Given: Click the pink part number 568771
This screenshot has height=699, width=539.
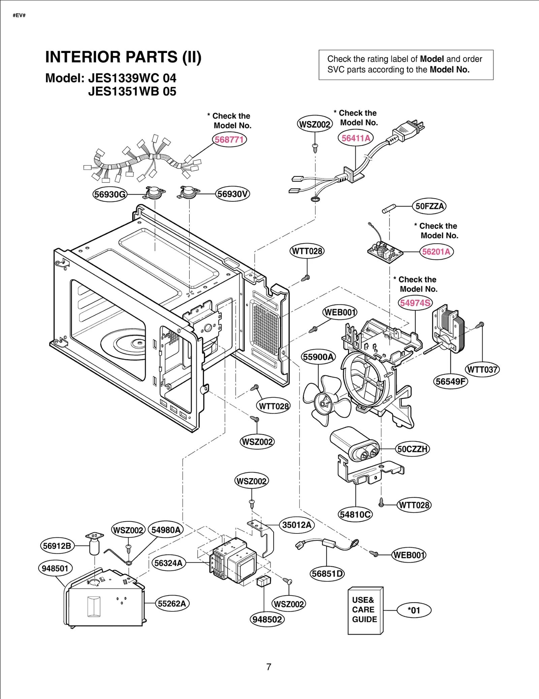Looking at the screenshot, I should pos(229,140).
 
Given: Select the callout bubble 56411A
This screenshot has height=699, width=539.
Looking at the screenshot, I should pos(356,138).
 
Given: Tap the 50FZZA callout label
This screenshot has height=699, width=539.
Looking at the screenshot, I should pos(429,206).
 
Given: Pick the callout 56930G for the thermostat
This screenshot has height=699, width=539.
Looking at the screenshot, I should pos(110,195).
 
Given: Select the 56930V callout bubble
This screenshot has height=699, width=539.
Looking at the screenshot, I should pos(232,194).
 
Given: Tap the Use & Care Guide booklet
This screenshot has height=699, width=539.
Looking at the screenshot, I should pos(365,610).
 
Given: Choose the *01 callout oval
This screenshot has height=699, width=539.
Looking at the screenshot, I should pos(414,610).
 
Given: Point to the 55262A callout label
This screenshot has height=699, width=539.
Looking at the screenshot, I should pos(172,604).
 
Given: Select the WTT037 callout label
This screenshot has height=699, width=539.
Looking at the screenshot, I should pos(482,370).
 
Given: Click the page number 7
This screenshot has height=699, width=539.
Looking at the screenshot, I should pos(269,667).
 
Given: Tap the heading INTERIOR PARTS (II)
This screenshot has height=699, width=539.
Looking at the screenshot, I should pos(123,57).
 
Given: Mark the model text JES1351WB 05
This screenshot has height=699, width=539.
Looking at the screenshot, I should pos(132,92).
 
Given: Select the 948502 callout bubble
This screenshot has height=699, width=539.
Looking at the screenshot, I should pos(267,619).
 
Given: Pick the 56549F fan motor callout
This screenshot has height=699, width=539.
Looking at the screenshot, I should pos(450,382).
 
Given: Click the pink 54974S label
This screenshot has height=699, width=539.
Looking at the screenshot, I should pos(415,303).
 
